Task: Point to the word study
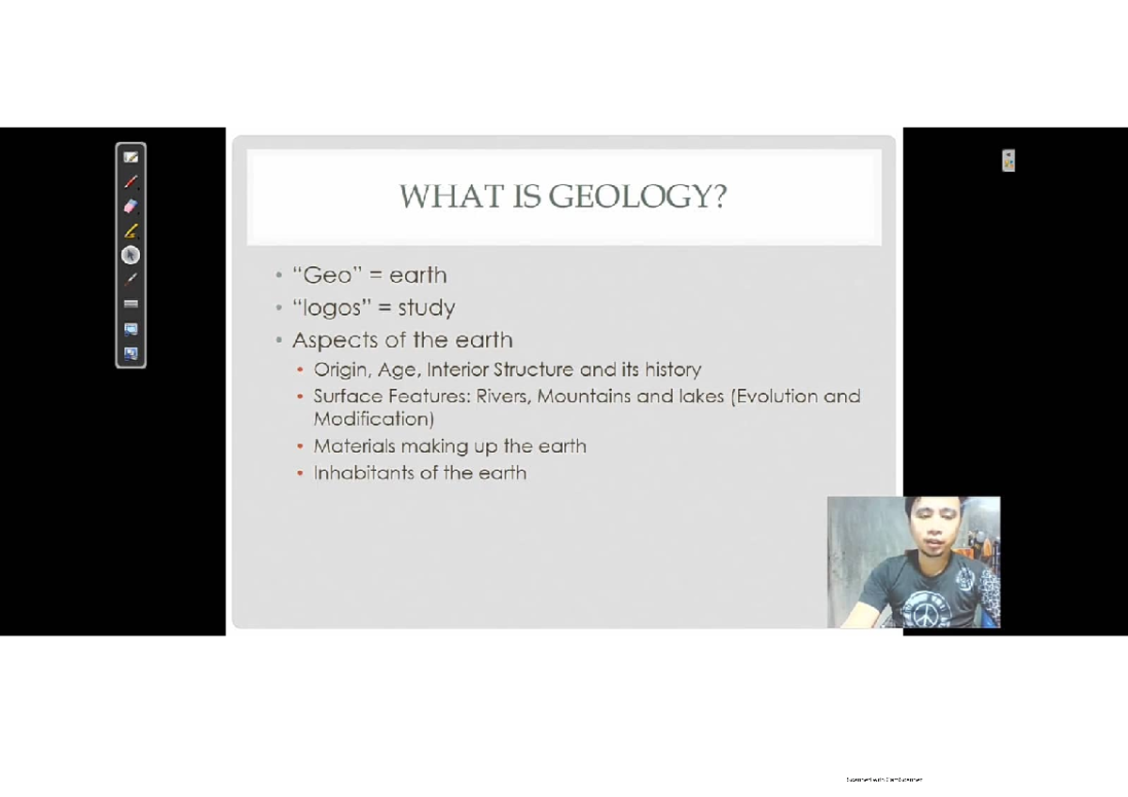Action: pyautogui.click(x=426, y=308)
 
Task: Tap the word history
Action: pyautogui.click(x=672, y=369)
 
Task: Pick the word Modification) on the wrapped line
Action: pyautogui.click(x=373, y=419)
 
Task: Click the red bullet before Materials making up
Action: pyautogui.click(x=300, y=447)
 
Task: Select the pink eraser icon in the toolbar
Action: pyautogui.click(x=131, y=206)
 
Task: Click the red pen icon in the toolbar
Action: pyautogui.click(x=131, y=181)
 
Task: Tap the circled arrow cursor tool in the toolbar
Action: pyautogui.click(x=131, y=255)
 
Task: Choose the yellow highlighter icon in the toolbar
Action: pyautogui.click(x=131, y=230)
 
